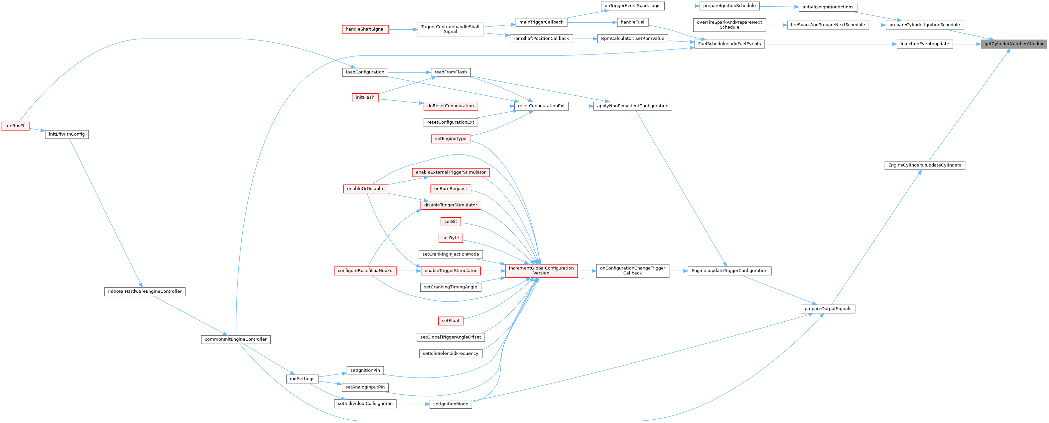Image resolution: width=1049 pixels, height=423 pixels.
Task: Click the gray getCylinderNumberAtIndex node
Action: click(1013, 44)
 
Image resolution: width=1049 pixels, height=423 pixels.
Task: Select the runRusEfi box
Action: click(16, 126)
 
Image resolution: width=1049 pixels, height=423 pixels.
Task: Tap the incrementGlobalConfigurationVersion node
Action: click(541, 271)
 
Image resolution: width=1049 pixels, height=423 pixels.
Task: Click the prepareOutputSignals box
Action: click(828, 309)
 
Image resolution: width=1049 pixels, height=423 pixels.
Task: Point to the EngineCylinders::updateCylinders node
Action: click(924, 165)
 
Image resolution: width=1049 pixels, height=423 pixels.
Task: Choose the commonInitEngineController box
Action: click(235, 339)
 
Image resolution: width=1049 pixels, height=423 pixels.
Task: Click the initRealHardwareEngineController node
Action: click(145, 291)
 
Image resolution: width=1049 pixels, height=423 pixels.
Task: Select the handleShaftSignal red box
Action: click(365, 29)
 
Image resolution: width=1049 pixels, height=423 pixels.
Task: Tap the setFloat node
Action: click(451, 321)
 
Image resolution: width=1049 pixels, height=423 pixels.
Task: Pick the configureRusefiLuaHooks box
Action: click(365, 271)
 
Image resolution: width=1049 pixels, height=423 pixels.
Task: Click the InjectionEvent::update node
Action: click(924, 44)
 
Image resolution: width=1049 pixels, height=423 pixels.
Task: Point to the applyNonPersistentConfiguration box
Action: click(632, 106)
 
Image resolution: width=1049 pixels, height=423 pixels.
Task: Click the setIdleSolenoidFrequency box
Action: click(451, 353)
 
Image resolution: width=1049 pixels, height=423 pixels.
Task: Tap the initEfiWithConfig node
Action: click(67, 134)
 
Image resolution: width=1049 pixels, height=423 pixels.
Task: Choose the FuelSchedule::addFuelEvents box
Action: click(729, 44)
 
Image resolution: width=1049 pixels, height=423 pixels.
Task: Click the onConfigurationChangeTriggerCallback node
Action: click(632, 271)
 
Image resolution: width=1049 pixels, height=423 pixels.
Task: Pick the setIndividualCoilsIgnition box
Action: click(365, 403)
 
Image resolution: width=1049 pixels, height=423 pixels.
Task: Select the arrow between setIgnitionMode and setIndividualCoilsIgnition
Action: click(413, 404)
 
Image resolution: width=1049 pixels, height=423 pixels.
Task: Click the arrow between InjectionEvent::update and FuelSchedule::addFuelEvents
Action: click(831, 44)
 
